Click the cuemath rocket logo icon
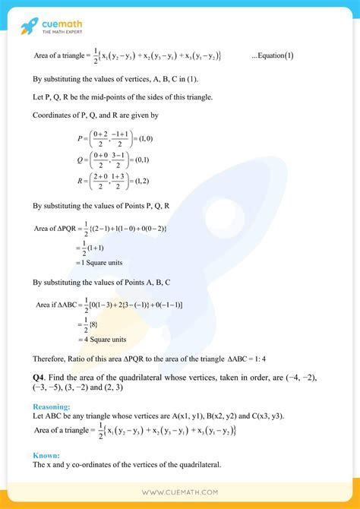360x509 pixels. (x=29, y=26)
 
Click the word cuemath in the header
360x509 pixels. (x=65, y=22)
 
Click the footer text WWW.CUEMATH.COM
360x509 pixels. (x=180, y=492)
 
